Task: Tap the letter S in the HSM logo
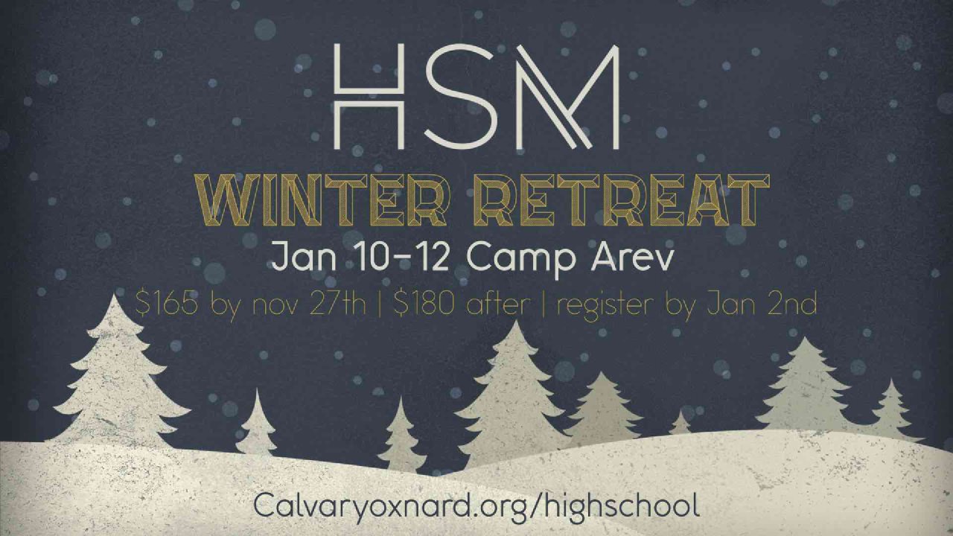(461, 97)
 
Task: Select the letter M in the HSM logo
(568, 97)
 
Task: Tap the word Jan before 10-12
(304, 258)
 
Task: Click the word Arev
(633, 258)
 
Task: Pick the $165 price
(167, 304)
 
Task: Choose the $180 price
(424, 304)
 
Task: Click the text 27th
(338, 304)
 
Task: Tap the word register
(605, 306)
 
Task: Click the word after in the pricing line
(498, 304)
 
